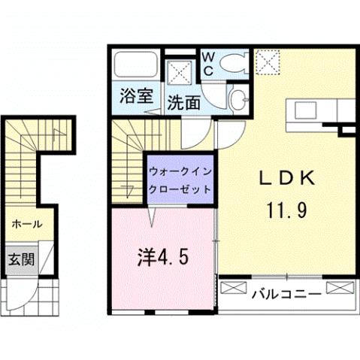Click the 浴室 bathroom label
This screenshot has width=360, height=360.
coord(136,96)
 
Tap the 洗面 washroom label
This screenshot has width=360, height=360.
coord(183,102)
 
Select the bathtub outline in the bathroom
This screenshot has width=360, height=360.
coord(136,66)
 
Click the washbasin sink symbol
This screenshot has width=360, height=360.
coord(237,99)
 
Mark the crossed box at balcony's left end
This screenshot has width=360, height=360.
coord(234,286)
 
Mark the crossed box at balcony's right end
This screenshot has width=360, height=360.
coord(339,286)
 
